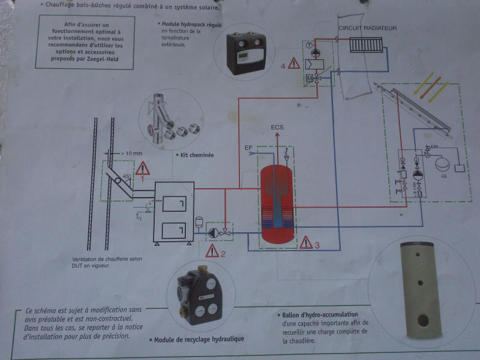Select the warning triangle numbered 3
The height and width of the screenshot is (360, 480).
[x=306, y=242]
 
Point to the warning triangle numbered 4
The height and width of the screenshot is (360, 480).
[x=293, y=63]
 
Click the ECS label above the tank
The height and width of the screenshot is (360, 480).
[x=278, y=128]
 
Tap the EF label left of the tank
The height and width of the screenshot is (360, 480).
[x=248, y=147]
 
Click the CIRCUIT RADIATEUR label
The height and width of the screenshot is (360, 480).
[x=367, y=28]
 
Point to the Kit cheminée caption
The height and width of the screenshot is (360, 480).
[x=197, y=154]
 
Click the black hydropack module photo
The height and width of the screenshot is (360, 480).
[x=247, y=53]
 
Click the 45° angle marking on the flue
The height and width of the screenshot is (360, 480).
[x=126, y=176]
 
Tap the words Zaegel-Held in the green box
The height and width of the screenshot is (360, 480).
[x=99, y=60]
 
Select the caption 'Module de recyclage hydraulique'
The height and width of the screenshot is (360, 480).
[x=199, y=340]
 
